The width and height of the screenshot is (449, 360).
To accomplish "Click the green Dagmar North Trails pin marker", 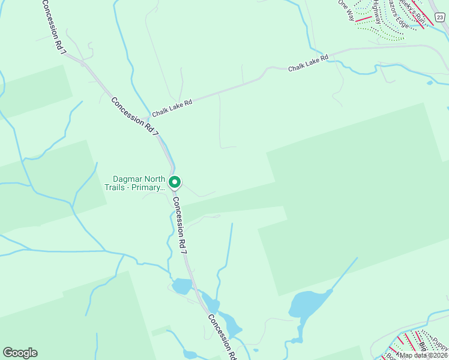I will click(x=175, y=182).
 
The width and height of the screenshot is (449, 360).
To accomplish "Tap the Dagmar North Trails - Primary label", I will click(x=139, y=183).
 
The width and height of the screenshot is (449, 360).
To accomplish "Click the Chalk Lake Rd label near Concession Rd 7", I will click(x=172, y=108).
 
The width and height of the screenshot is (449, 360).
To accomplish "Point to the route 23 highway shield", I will click(x=440, y=17).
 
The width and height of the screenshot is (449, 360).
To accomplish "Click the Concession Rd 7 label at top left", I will click(x=53, y=28).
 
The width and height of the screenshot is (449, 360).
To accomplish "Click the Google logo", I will click(x=20, y=353).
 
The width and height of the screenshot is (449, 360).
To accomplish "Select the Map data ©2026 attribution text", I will click(x=424, y=355).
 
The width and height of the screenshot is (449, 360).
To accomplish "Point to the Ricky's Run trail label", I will click(x=414, y=13).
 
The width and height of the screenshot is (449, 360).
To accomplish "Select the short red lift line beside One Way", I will click(x=363, y=19).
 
